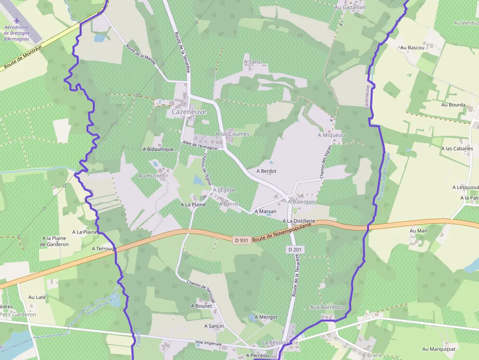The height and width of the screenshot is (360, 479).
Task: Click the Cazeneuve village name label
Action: pyautogui.click(x=189, y=112)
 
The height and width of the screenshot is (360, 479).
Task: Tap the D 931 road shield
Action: pyautogui.click(x=242, y=240)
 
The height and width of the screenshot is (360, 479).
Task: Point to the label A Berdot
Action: pyautogui.click(x=266, y=171)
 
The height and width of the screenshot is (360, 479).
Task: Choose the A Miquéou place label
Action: pyautogui.click(x=331, y=135)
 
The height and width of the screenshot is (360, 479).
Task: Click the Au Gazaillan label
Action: pyautogui.click(x=350, y=7)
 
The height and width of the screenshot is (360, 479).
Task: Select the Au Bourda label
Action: pyautogui.click(x=454, y=105)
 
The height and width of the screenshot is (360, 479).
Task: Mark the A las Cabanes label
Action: pyautogui.click(x=457, y=148)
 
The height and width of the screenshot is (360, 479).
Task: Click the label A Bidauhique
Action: pyautogui.click(x=158, y=149)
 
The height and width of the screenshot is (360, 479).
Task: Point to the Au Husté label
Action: pyautogui.click(x=150, y=175)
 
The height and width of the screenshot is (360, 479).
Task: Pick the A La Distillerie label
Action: pyautogui.click(x=299, y=221)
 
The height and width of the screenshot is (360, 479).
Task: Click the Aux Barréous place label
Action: pyautogui.click(x=327, y=307)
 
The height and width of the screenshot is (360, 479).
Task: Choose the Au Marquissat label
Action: pyautogui.click(x=439, y=349)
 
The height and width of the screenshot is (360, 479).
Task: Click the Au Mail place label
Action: pyautogui.click(x=418, y=231)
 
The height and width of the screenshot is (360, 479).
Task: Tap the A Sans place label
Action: pyautogui.click(x=252, y=62)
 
